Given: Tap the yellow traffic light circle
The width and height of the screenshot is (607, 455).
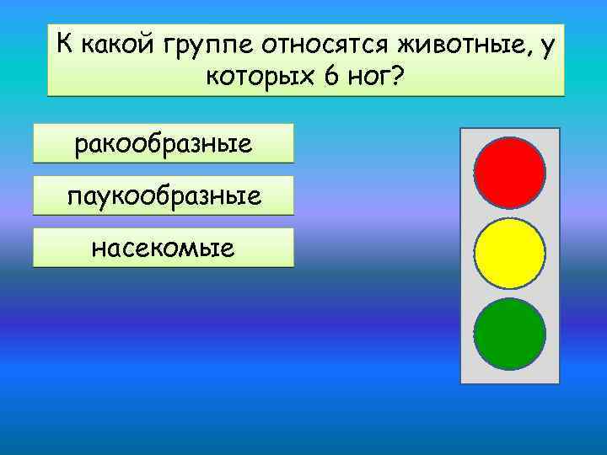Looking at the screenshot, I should tap(509, 253).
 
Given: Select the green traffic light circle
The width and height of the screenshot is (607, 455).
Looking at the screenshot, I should tap(509, 333).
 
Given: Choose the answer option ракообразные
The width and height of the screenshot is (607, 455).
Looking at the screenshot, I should tap(164, 143).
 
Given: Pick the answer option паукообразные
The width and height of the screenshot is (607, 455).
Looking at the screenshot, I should tap(164, 195).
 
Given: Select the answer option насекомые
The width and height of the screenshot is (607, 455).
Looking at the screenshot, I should tap(164, 248).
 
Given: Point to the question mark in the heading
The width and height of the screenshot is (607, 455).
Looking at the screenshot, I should tap(397, 78).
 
